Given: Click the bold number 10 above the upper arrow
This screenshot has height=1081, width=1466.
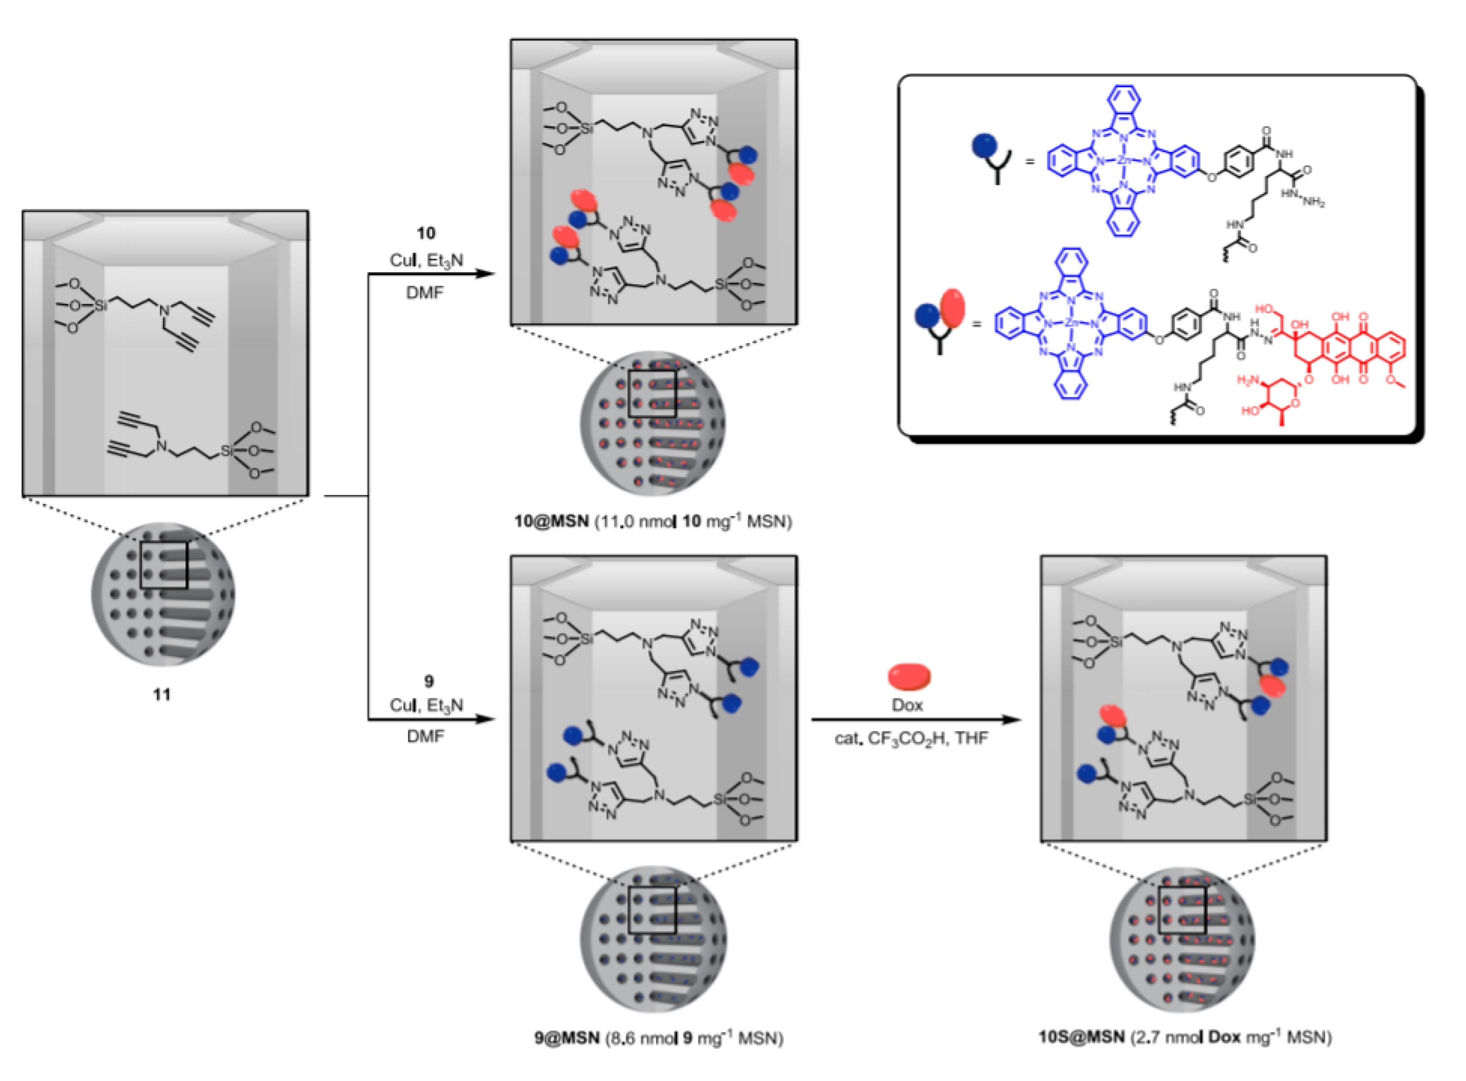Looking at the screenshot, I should point(426,233).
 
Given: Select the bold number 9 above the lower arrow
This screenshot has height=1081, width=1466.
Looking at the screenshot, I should point(429,681).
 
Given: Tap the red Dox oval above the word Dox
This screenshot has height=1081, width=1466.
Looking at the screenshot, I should point(909,676).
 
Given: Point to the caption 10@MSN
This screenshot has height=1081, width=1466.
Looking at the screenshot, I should point(551,521).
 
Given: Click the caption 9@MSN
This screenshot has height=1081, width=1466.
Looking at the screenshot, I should point(566,1038).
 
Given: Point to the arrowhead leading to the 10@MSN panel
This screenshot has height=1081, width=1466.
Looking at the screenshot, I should point(484,274).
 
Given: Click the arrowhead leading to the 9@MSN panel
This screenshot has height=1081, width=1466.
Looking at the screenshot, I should point(484,720).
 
